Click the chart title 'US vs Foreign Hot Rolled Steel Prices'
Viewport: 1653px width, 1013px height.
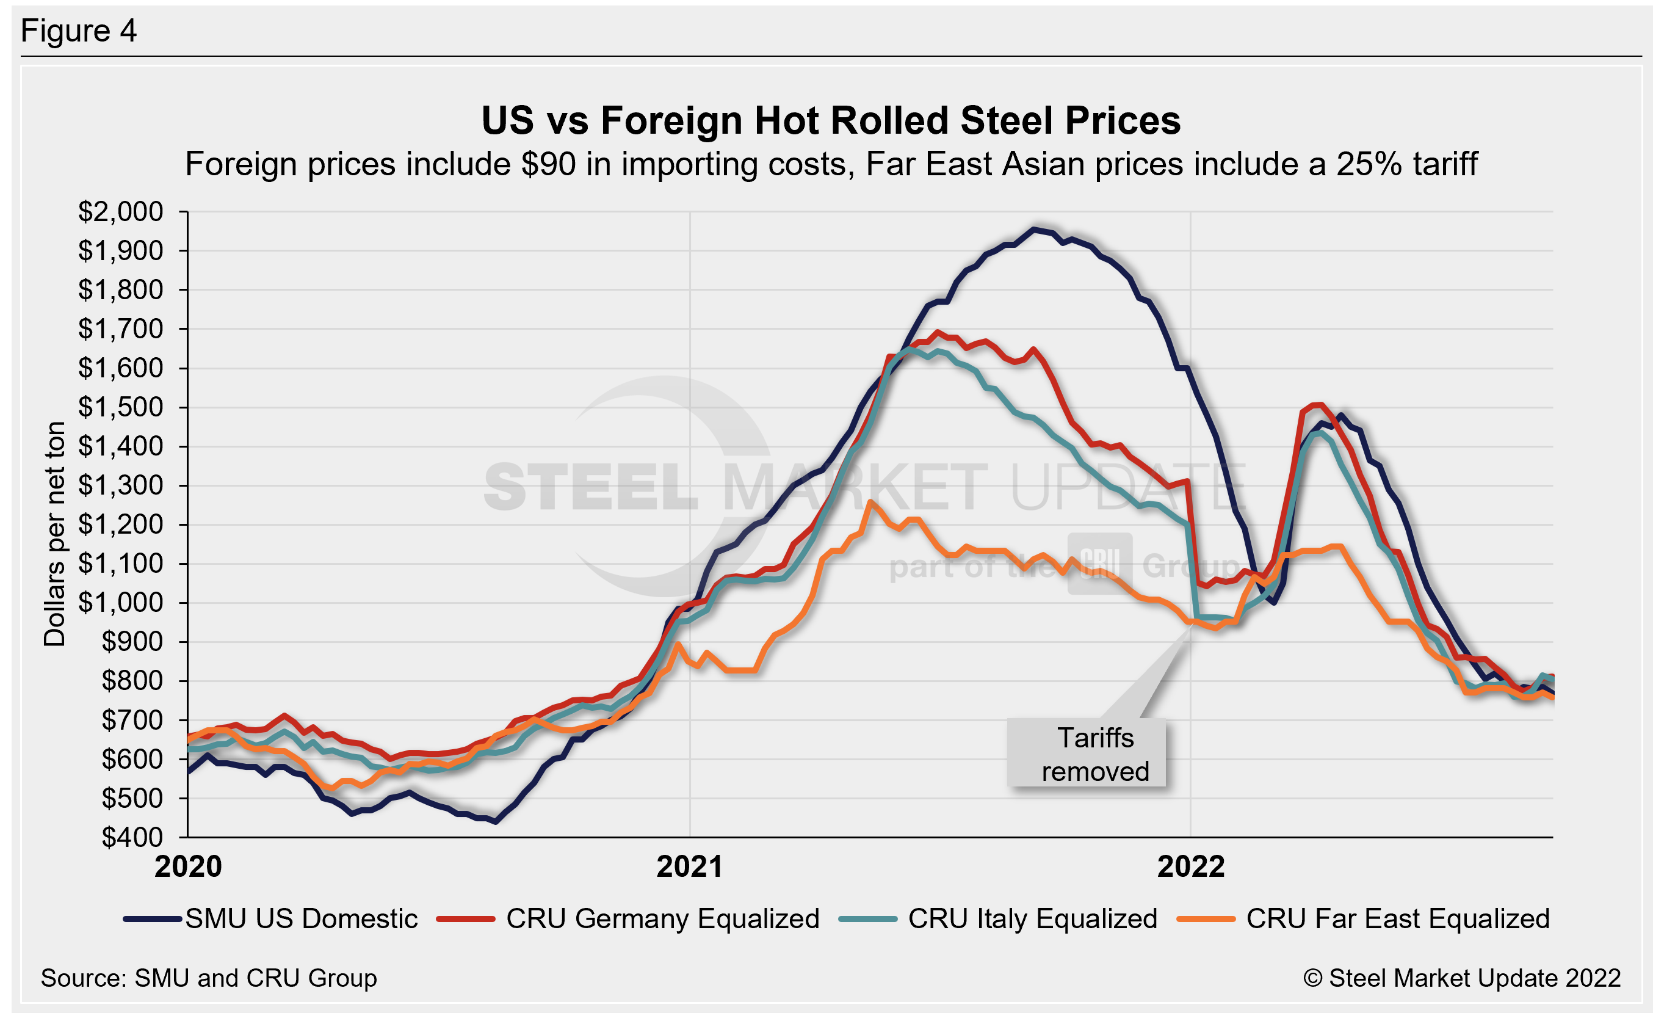click(831, 121)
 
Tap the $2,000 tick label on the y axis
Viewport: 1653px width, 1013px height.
click(121, 212)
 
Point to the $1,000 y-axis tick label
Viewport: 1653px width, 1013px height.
click(121, 603)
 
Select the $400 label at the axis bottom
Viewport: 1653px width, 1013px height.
click(131, 837)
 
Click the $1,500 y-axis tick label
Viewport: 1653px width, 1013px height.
click(121, 407)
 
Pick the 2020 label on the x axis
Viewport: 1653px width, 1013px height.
click(188, 866)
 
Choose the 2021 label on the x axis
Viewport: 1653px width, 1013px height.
click(690, 866)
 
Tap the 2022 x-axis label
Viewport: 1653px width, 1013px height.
click(1191, 866)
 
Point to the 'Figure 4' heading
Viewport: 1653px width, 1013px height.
click(79, 31)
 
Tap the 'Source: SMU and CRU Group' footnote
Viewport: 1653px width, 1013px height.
click(209, 978)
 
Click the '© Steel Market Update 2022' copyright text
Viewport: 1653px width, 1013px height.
click(1462, 978)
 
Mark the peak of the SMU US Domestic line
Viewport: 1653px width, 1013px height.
click(1035, 230)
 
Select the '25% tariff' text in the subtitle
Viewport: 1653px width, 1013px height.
click(1407, 164)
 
